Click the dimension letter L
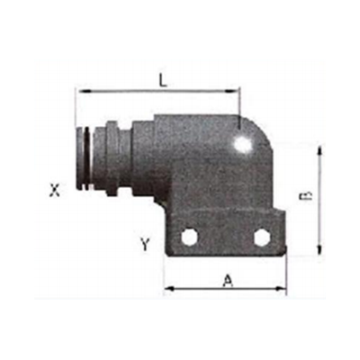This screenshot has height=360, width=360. click(x=163, y=80)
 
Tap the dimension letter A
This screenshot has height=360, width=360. click(x=229, y=282)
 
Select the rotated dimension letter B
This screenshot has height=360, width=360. click(x=307, y=196)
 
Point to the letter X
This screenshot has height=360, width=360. click(x=54, y=190)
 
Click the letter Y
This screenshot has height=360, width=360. click(x=145, y=244)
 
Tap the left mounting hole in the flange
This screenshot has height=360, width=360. click(x=189, y=238)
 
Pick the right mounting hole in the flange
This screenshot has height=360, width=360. click(x=262, y=237)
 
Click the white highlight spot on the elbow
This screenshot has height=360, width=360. click(x=242, y=143)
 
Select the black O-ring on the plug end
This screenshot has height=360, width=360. click(x=86, y=158)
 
